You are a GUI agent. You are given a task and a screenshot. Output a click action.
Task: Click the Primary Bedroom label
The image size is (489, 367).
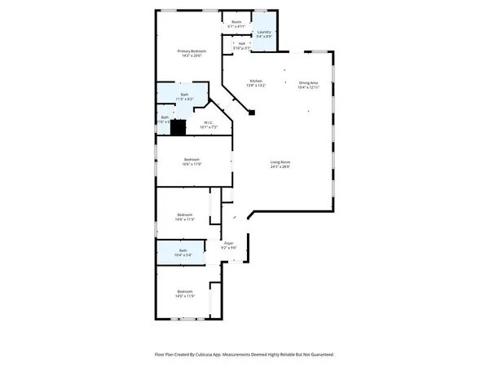pos(192,51)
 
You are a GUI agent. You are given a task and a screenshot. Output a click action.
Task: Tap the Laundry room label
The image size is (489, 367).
pos(263,32)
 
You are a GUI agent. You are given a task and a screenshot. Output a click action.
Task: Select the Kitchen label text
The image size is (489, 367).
pos(256,81)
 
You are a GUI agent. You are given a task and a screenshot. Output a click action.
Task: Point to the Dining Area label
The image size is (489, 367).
pos(308,82)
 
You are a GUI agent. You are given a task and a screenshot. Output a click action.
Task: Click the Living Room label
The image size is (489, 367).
pos(280,162)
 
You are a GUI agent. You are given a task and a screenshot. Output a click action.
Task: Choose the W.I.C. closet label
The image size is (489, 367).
pos(192,122)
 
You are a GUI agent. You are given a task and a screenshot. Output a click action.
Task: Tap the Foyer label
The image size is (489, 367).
pos(229,243)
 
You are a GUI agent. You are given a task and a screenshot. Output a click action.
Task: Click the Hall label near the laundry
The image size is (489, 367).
pos(242,44)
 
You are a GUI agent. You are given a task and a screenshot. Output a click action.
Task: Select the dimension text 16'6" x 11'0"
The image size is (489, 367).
pos(192,164)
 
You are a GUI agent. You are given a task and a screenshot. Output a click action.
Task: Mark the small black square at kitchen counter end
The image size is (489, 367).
pos(252,112)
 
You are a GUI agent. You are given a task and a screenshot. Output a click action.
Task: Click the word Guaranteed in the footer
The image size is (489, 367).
pos(318,355)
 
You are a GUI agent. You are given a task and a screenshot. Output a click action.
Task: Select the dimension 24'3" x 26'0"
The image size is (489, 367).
pos(280,167)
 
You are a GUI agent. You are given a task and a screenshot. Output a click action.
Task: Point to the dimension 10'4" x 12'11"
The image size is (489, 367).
pos(308,86)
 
